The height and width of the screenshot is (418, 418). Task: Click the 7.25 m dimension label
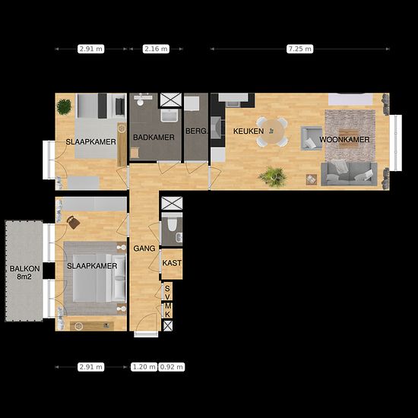tap(299, 49)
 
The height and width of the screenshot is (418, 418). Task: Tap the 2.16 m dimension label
tap(156, 49)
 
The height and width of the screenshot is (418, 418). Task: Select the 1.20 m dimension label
tap(144, 367)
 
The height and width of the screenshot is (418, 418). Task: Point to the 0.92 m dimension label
tap(172, 367)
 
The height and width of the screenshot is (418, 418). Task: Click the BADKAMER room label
tap(154, 138)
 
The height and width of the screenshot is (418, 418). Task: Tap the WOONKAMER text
tap(344, 139)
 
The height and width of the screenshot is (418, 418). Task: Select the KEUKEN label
tap(249, 131)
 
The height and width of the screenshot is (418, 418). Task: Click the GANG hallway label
tap(144, 249)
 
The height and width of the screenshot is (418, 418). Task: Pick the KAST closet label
tap(172, 263)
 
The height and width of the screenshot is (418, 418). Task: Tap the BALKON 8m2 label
tap(24, 273)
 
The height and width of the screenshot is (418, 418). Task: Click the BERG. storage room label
tap(196, 131)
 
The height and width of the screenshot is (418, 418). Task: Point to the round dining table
tap(272, 131)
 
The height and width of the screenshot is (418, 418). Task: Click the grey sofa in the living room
tap(349, 173)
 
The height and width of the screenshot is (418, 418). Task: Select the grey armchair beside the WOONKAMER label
tap(312, 138)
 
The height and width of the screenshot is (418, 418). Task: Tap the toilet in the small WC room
tap(172, 224)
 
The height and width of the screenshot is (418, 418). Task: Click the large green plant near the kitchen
tap(273, 176)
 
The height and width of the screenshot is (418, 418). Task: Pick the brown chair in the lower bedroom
tap(73, 222)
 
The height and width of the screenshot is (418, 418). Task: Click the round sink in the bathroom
tap(141, 102)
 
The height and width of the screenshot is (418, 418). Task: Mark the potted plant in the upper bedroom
tap(64, 106)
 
